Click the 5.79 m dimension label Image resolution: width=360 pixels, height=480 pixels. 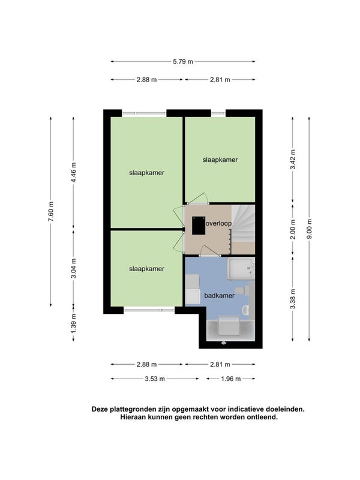tap(183, 62)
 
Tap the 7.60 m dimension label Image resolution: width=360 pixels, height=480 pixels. tap(51, 212)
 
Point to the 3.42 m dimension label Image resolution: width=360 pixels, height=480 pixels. tap(293, 159)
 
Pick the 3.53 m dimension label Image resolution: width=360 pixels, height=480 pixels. tap(155, 379)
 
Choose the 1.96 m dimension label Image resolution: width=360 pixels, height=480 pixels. tap(231, 379)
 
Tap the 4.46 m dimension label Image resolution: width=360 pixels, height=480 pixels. tap(73, 172)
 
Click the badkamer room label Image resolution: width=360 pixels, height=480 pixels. tap(219, 296)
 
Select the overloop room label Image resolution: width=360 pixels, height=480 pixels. tap(218, 223)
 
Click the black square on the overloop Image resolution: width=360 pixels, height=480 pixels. tap(199, 226)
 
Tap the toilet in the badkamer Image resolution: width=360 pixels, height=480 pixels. tap(242, 290)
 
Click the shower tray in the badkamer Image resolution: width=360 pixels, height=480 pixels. tap(241, 269)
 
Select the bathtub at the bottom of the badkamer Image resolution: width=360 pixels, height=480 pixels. tap(230, 331)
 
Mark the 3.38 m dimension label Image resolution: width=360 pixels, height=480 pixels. tap(293, 299)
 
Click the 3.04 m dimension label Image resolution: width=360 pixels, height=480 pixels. tap(73, 268)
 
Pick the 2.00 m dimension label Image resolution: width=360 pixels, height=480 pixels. tap(293, 229)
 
